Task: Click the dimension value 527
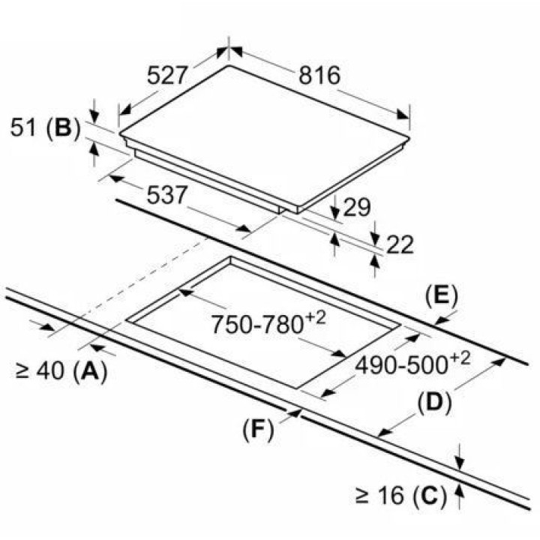[167, 75]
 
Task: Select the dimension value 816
[319, 75]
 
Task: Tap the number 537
[167, 195]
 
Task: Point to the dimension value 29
[357, 207]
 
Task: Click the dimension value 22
[400, 244]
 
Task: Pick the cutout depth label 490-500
[401, 365]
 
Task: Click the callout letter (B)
[63, 128]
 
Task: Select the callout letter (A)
[90, 371]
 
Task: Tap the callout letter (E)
[441, 298]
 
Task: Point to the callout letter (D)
[434, 403]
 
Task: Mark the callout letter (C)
[430, 496]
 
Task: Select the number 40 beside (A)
[50, 371]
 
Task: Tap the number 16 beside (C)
[391, 496]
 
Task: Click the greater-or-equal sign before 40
[22, 371]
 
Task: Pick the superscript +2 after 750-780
[315, 318]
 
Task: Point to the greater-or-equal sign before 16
[362, 496]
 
